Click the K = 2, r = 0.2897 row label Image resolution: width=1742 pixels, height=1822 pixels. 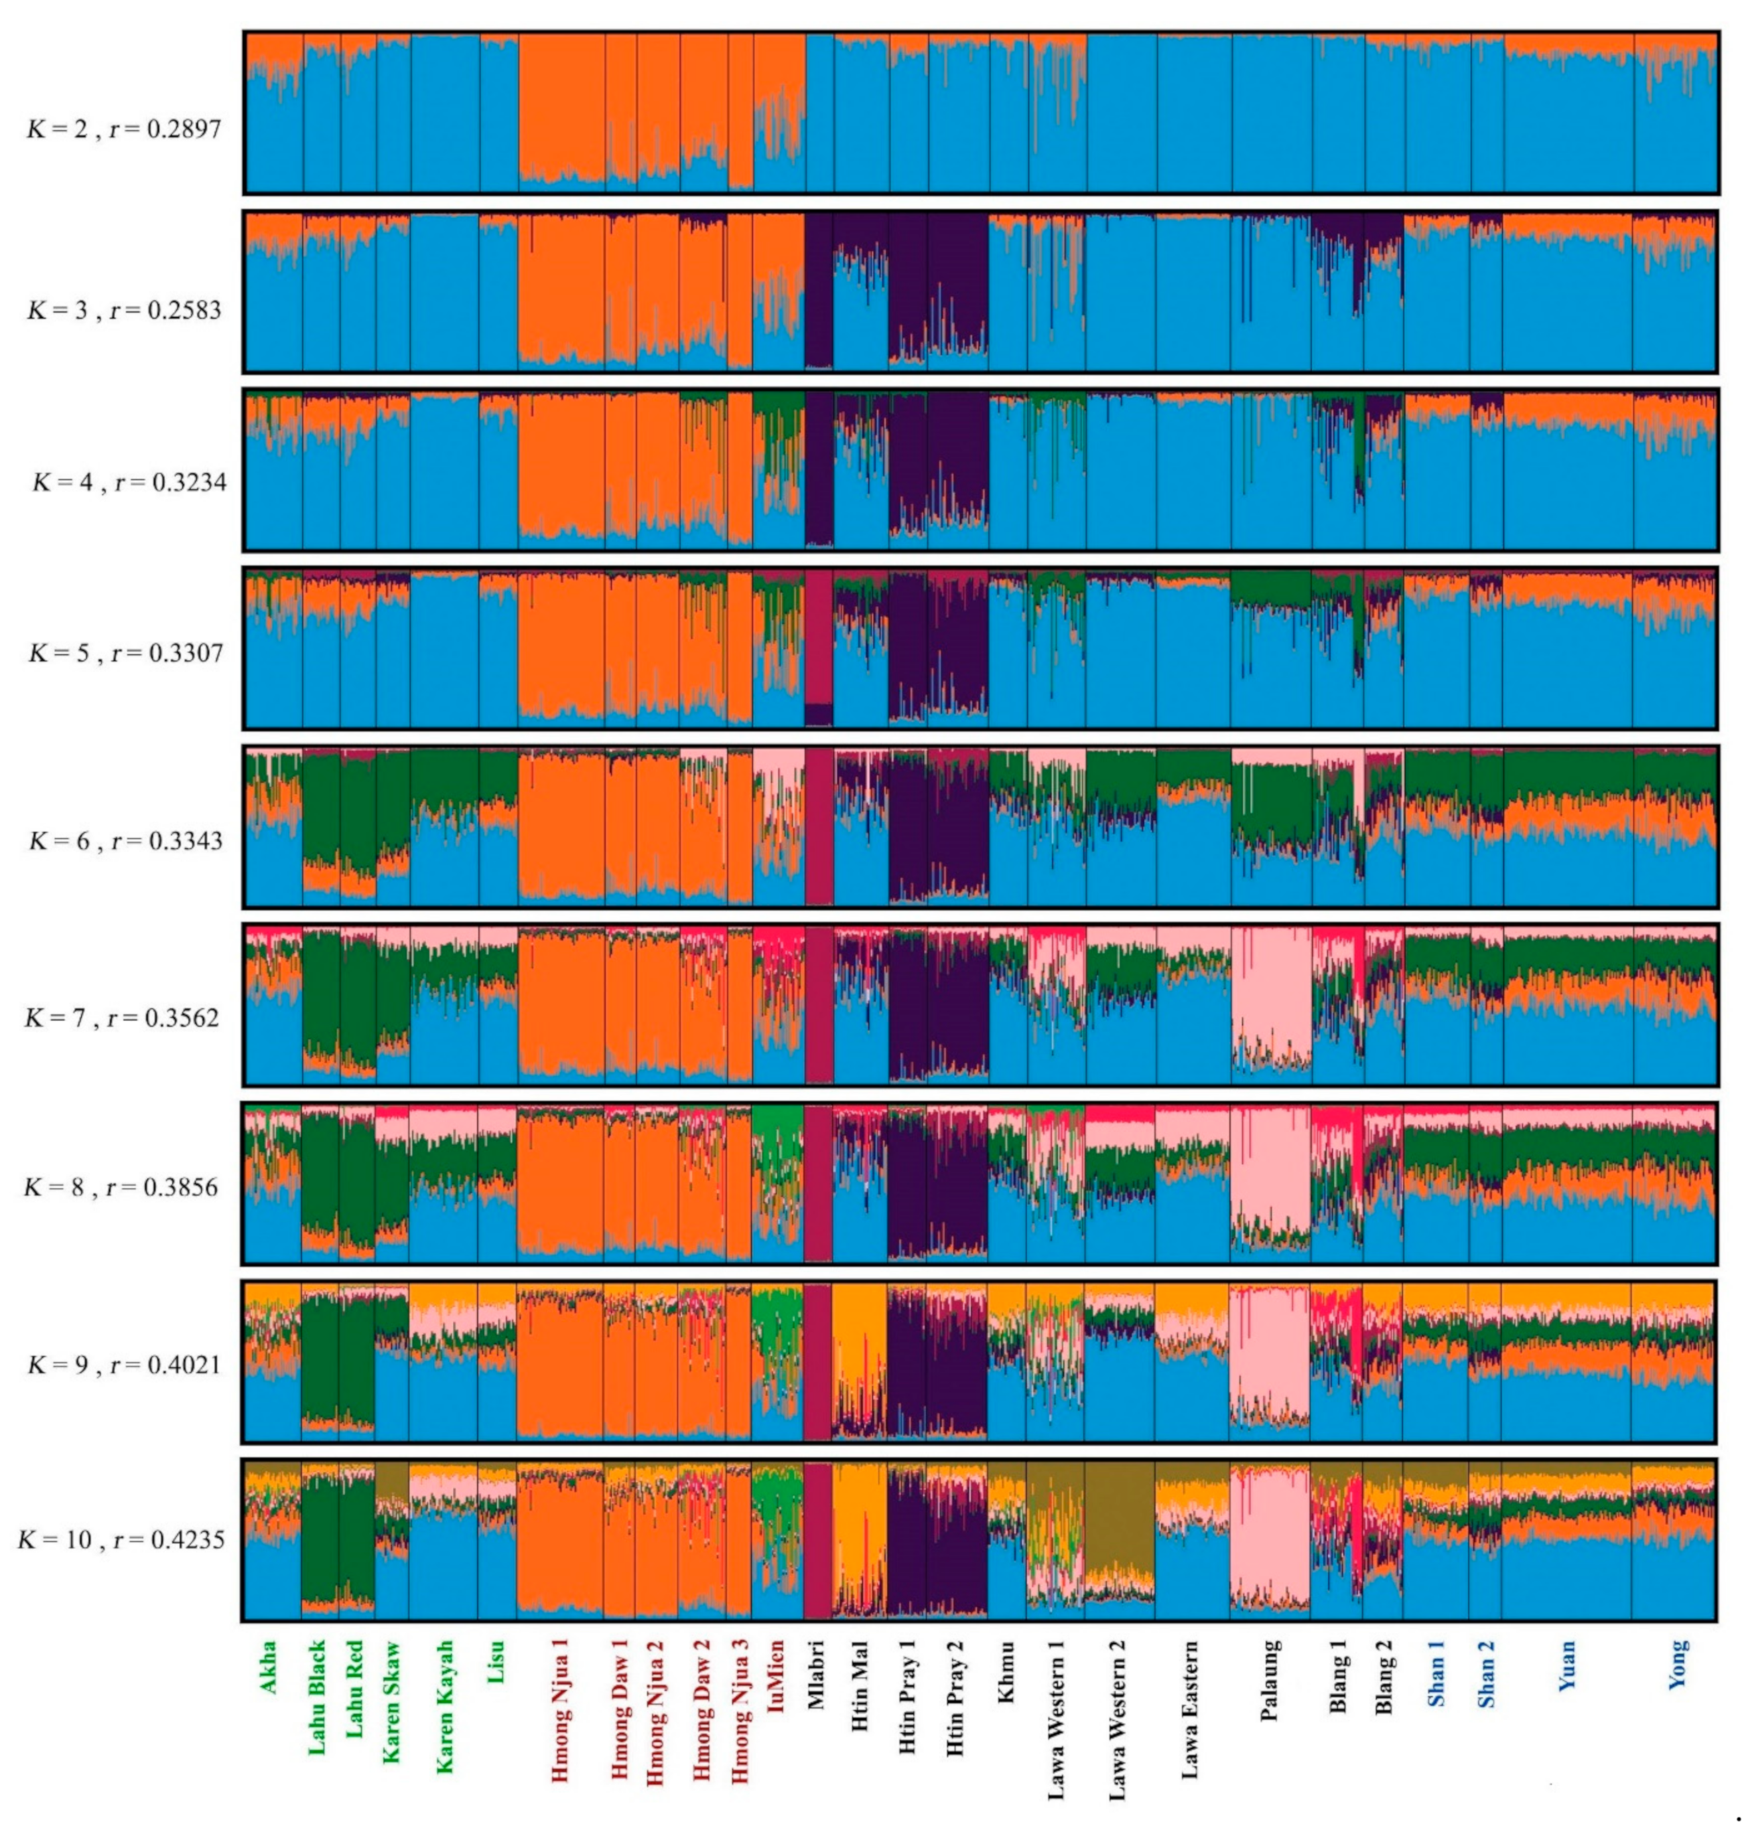(123, 129)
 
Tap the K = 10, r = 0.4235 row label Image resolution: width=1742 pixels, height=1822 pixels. (121, 1541)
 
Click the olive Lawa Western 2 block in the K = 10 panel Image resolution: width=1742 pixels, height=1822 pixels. (1119, 1513)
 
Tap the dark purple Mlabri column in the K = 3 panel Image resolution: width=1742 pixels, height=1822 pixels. (818, 293)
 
